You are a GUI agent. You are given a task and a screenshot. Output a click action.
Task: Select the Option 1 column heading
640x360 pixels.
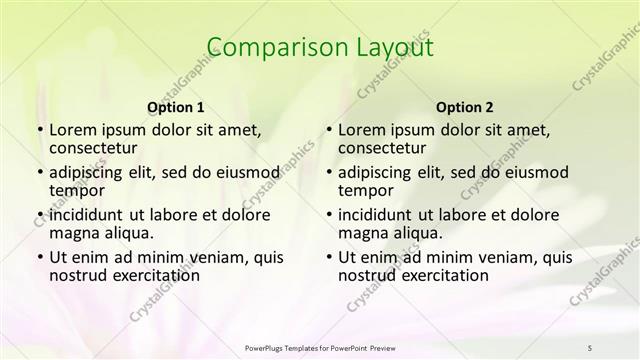(x=176, y=106)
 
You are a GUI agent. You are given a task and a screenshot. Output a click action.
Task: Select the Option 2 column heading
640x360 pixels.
(x=465, y=106)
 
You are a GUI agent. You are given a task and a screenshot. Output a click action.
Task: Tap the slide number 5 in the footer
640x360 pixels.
(x=590, y=347)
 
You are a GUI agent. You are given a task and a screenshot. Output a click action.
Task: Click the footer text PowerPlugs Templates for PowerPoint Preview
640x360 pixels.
(x=319, y=347)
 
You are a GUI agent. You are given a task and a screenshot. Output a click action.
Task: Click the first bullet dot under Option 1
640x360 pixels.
(x=39, y=131)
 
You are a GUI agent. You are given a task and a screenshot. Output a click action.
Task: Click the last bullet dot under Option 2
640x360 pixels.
(x=328, y=257)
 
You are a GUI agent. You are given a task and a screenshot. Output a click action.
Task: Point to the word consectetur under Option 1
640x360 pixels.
(x=93, y=148)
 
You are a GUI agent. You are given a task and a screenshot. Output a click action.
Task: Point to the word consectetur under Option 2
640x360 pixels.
(x=382, y=148)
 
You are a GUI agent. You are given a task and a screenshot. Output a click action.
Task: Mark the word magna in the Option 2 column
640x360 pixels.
(x=362, y=232)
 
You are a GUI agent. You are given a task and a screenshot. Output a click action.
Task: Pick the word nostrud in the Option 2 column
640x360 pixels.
(x=368, y=275)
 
